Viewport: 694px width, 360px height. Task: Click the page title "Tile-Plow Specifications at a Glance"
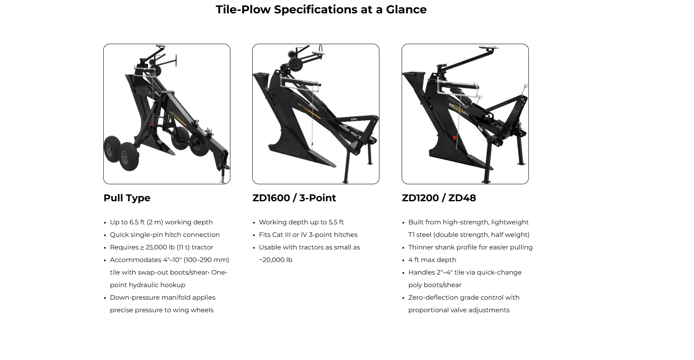pyautogui.click(x=321, y=9)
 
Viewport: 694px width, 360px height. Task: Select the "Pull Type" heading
pyautogui.click(x=127, y=198)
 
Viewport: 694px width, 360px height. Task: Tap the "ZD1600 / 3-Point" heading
pyautogui.click(x=294, y=198)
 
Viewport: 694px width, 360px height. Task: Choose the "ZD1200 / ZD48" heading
pyautogui.click(x=439, y=198)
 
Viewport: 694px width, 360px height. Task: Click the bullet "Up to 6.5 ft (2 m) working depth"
pyautogui.click(x=161, y=222)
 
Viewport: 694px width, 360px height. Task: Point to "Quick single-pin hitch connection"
pyautogui.click(x=164, y=235)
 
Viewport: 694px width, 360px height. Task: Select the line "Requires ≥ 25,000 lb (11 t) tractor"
pyautogui.click(x=161, y=247)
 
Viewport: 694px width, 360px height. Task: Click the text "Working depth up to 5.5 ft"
pyautogui.click(x=301, y=222)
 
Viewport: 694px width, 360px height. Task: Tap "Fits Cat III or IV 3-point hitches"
pyautogui.click(x=308, y=235)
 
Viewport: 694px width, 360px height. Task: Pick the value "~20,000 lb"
pyautogui.click(x=275, y=260)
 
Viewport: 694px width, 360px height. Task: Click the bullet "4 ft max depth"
pyautogui.click(x=432, y=260)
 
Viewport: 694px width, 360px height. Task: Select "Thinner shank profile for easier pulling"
pyautogui.click(x=470, y=247)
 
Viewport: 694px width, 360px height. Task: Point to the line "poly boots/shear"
pyautogui.click(x=434, y=285)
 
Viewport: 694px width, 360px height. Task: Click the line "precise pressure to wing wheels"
pyautogui.click(x=162, y=310)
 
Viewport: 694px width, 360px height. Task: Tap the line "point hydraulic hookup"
pyautogui.click(x=147, y=285)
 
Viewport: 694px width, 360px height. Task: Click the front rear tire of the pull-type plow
pyautogui.click(x=128, y=156)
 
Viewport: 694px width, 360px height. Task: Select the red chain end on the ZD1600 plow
pyautogui.click(x=312, y=144)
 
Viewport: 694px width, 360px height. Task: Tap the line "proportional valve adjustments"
pyautogui.click(x=459, y=310)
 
